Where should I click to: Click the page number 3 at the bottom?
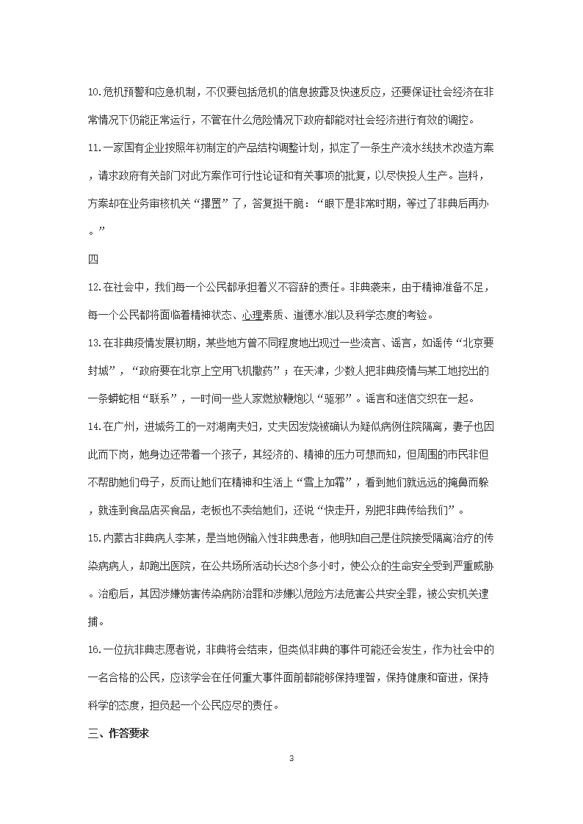291,758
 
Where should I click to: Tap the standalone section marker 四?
93,259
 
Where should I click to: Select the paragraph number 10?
93,92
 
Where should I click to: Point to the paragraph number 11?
93,148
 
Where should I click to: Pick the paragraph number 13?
93,343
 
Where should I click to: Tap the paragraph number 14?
93,426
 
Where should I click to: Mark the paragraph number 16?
93,649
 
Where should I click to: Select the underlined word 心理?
253,316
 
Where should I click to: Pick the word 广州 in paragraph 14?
123,426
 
